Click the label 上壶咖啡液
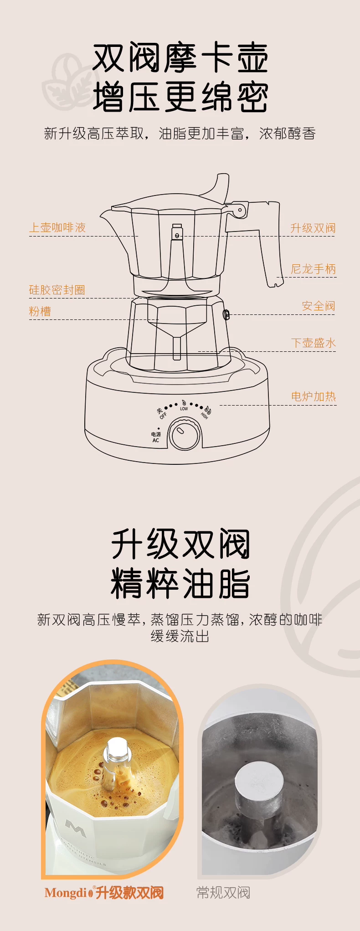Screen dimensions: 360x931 pyautogui.click(x=57, y=227)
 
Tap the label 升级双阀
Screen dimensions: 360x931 pyautogui.click(x=313, y=228)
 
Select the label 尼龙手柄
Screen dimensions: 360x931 pyautogui.click(x=314, y=269)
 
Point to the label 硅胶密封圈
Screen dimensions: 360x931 pyautogui.click(x=57, y=290)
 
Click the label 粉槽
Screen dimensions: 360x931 pyautogui.click(x=40, y=311)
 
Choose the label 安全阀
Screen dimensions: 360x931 pyautogui.click(x=319, y=306)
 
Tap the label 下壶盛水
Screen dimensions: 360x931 pyautogui.click(x=314, y=343)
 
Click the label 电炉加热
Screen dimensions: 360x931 pyautogui.click(x=314, y=396)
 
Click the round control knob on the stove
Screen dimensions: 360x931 pyautogui.click(x=185, y=433)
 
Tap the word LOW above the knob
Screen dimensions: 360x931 pyautogui.click(x=184, y=409)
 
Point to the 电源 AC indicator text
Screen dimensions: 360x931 pyautogui.click(x=156, y=437)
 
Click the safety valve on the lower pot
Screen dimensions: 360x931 pyautogui.click(x=226, y=314)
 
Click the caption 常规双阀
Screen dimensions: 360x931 pyautogui.click(x=223, y=892)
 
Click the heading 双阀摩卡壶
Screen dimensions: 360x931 pyautogui.click(x=180, y=58)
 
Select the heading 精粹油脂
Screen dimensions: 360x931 pyautogui.click(x=180, y=583)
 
